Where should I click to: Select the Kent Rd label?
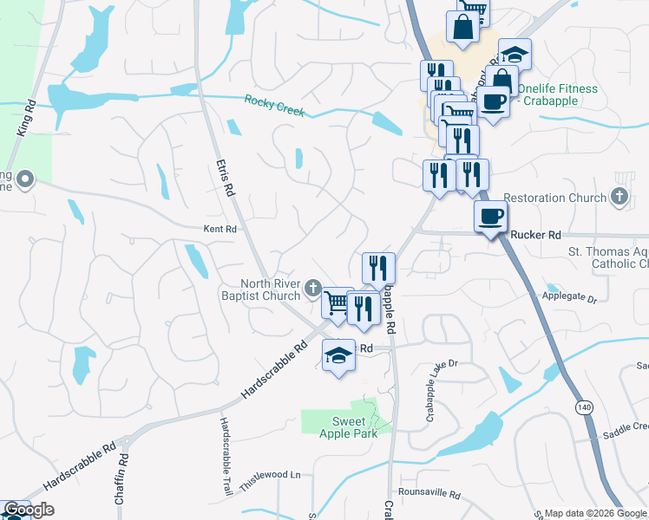pos(220,230)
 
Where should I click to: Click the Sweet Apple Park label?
pos(347,427)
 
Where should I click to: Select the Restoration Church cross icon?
pos(619,198)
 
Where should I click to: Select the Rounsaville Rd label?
pos(430,493)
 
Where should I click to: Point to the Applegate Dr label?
pos(570,298)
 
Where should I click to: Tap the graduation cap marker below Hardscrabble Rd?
pos(338,354)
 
